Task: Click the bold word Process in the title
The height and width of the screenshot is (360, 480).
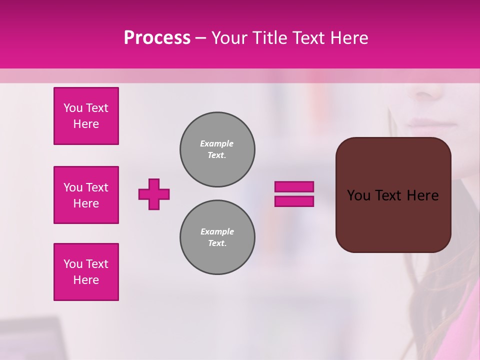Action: tap(157, 37)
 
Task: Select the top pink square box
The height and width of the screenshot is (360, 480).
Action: tap(86, 116)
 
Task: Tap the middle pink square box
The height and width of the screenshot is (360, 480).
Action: tap(86, 195)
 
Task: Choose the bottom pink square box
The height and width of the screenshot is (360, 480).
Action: tap(86, 272)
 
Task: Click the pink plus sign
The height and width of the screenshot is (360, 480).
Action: tap(154, 194)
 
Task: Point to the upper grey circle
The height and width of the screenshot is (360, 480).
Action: tap(217, 149)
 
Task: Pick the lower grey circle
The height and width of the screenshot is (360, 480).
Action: tap(217, 237)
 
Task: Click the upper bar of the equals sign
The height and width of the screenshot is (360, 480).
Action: tap(294, 186)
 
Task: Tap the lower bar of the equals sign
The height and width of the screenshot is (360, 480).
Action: tap(294, 201)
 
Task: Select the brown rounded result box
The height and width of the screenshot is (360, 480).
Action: tap(393, 195)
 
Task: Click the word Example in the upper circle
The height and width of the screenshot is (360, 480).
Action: tap(217, 143)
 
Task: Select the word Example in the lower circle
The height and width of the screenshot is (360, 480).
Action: tap(217, 231)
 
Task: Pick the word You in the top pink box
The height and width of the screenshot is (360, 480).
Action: tap(73, 108)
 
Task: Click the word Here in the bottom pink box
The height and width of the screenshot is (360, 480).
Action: tap(86, 280)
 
